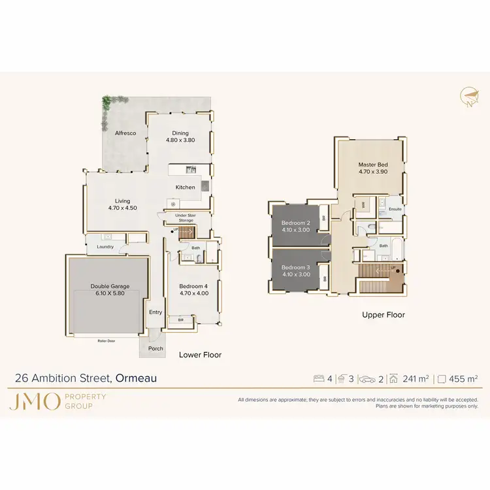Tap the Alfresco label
(125, 133)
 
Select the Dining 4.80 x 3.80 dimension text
(180, 140)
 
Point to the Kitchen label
(185, 188)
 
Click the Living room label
(122, 201)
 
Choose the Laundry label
(105, 247)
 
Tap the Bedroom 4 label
(193, 286)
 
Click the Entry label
(155, 312)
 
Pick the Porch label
(155, 348)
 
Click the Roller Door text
(106, 341)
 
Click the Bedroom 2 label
(295, 223)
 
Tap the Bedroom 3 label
(295, 267)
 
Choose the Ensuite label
(395, 209)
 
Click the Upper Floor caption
(384, 315)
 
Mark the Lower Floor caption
(200, 355)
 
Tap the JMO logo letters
(34, 401)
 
